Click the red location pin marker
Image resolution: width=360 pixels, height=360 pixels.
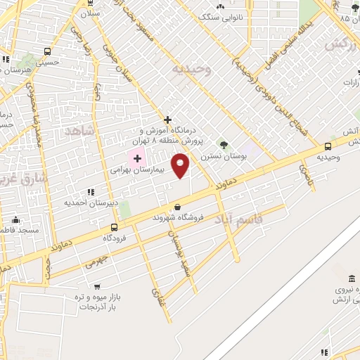coord(181,165)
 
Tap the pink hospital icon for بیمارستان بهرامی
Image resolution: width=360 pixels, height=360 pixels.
coord(137,159)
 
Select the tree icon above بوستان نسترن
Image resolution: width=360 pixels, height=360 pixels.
coord(224,144)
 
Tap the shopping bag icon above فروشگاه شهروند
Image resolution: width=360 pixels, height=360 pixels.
coord(177,207)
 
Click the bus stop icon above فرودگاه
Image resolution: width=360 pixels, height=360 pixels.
coord(114,227)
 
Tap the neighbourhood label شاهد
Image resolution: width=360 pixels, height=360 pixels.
coord(79,131)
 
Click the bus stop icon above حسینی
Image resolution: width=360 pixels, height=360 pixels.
coord(47,51)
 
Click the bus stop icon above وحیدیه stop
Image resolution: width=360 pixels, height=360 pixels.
coord(328,146)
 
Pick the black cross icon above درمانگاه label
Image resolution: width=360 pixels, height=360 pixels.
coord(167,120)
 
